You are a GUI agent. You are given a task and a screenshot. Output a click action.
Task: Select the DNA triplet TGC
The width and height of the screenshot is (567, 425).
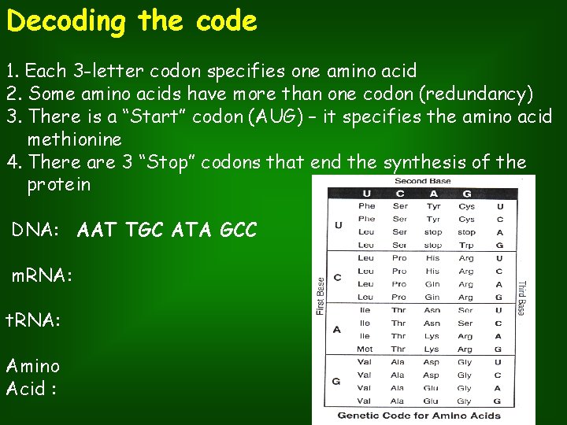pos(144,230)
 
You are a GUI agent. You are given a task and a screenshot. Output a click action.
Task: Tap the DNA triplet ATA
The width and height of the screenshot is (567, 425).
pos(190,230)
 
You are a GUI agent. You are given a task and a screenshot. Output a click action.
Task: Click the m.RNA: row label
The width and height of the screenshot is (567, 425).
pos(42,275)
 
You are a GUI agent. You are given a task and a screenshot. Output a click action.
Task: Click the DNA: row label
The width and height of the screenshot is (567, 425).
pos(35,230)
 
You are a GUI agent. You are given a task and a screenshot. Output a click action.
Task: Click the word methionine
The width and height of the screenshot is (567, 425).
pos(75,139)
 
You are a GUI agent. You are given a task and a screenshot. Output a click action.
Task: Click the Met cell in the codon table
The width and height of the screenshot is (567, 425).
pos(365,349)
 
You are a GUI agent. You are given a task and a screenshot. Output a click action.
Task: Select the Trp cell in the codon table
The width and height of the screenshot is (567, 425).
pos(466,245)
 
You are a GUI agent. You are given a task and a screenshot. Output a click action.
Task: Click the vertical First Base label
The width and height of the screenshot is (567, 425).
pos(321,296)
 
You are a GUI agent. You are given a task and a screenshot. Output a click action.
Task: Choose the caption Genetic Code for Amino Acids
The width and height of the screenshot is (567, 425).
pos(419,415)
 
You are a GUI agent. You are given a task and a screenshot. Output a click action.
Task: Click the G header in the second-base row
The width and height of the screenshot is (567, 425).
pos(466,194)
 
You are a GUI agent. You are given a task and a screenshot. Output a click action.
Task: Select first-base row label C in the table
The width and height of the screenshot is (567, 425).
pos(337,277)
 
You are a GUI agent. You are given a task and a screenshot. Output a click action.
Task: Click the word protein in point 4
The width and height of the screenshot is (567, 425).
pos(59,185)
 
